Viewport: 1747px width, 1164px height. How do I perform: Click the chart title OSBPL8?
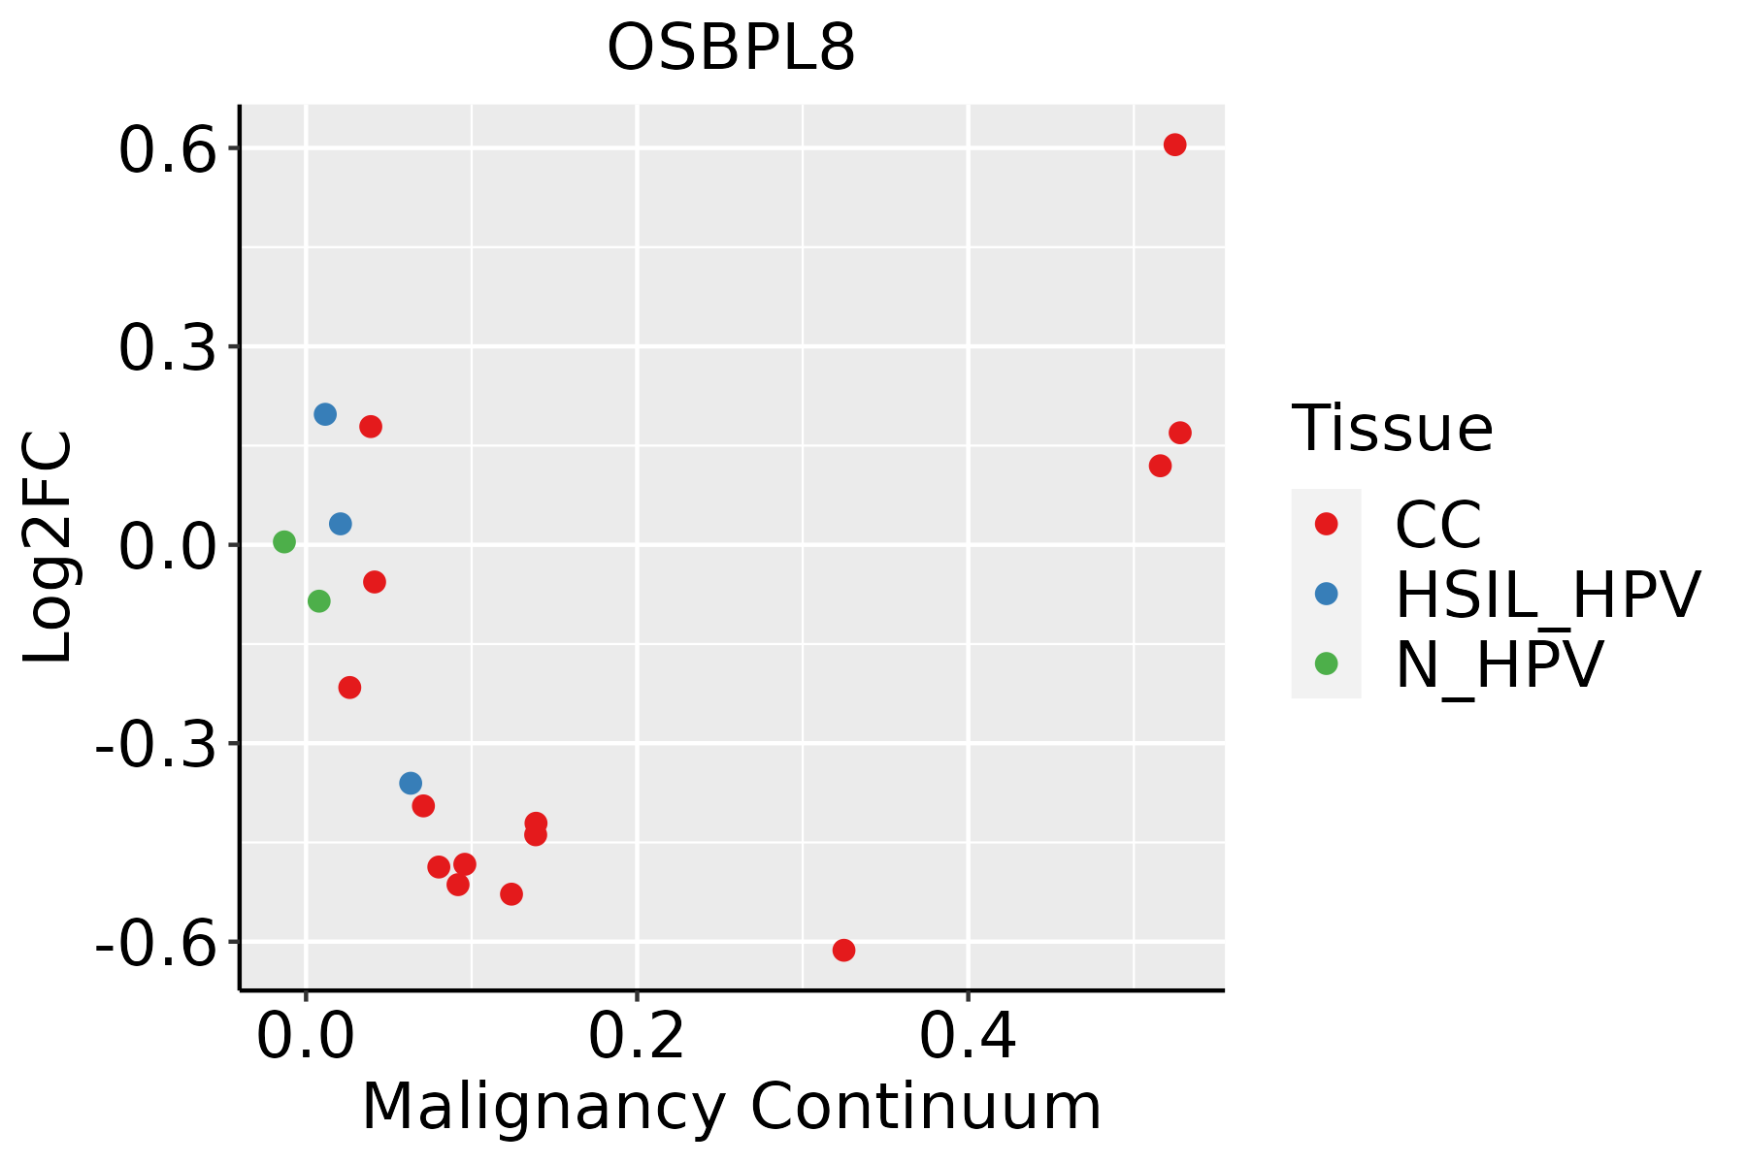coord(731,48)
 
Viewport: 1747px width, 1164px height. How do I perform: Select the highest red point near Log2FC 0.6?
coord(1174,145)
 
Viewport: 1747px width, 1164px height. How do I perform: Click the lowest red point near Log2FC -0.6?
coord(843,950)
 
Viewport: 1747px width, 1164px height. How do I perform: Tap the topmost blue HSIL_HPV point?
coord(325,414)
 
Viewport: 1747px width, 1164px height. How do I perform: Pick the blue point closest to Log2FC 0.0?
coord(340,524)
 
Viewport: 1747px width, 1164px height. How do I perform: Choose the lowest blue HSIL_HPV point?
coord(411,783)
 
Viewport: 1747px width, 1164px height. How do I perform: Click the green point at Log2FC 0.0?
coord(283,541)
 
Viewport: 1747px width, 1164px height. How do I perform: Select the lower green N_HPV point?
coord(318,601)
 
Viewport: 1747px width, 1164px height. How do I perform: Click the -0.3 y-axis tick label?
coord(154,747)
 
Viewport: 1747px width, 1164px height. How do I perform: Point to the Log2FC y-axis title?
coord(49,547)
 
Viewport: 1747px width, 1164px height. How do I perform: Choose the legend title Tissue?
coord(1392,428)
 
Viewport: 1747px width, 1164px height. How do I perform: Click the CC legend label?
coord(1437,525)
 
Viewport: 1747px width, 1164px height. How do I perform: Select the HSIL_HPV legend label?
coord(1547,595)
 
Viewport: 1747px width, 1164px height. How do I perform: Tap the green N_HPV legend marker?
coord(1326,663)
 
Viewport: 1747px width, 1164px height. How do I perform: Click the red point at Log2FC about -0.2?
coord(349,687)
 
